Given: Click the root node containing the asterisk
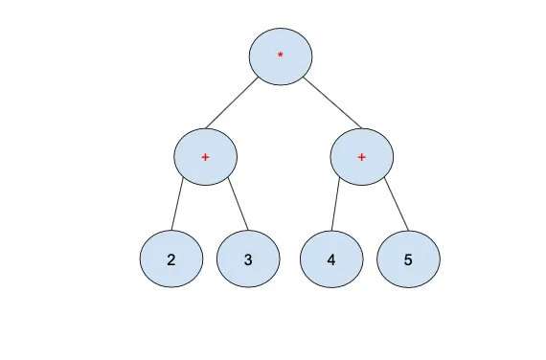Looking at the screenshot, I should coord(280,56).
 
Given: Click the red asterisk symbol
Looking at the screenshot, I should coord(280,56).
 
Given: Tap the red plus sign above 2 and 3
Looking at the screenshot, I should coord(205,155).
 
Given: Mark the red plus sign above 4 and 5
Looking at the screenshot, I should coord(361,155).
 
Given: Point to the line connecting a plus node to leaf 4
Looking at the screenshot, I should coord(337,205).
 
